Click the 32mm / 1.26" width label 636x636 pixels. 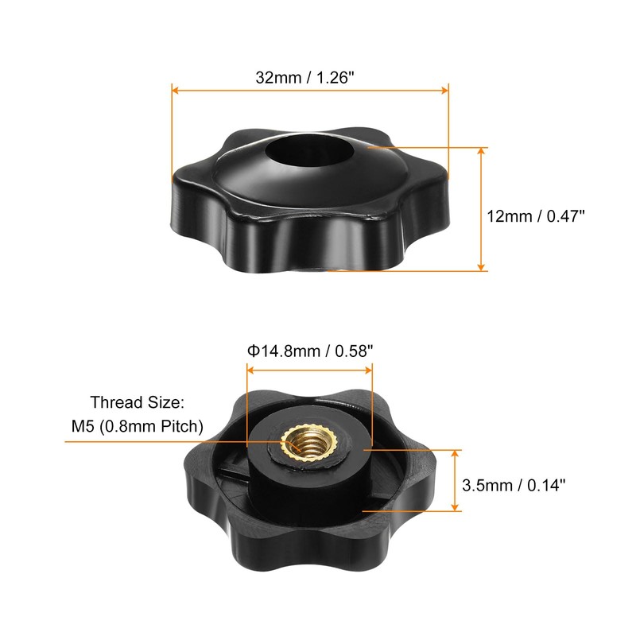coord(310,78)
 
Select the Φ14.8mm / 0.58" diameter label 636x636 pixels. coord(310,349)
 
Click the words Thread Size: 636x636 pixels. coord(140,403)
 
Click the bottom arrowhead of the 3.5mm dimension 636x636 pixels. coord(456,509)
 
